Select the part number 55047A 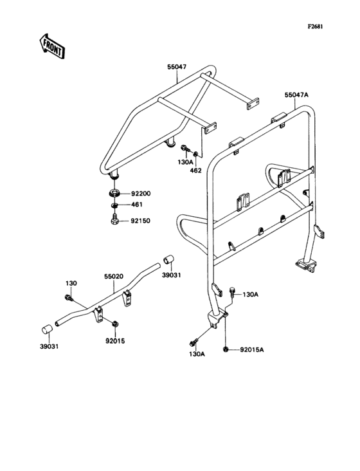pos(296,95)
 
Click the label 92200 pos(141,192)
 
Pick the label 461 pos(138,206)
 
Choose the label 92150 pos(141,220)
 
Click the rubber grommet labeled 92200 pos(113,192)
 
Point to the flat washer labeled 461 pos(113,206)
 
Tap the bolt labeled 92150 pos(113,221)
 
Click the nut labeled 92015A pos(226,349)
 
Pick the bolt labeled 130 pos(68,297)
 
